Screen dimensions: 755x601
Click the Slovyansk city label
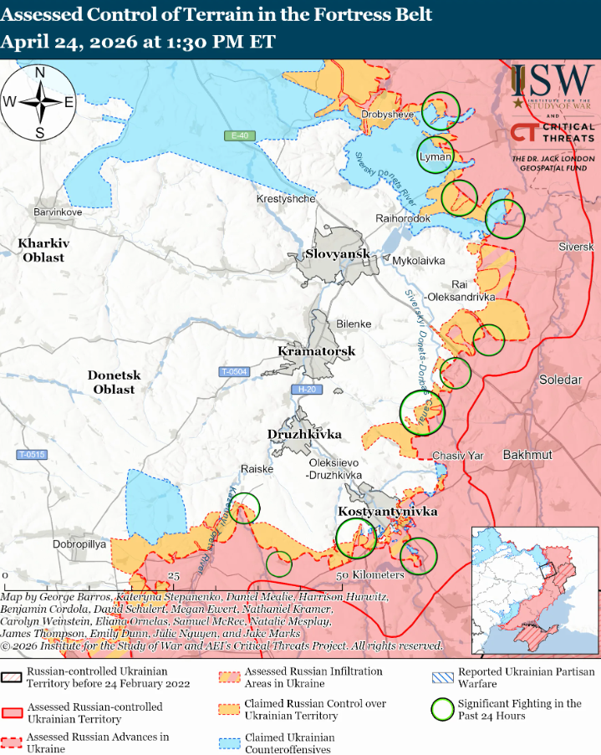pos(337,253)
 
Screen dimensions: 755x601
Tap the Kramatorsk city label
pos(317,351)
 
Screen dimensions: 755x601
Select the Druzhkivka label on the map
pos(304,434)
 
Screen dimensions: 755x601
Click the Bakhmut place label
pos(527,454)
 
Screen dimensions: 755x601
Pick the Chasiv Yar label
pos(458,456)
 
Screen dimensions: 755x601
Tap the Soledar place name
pos(560,380)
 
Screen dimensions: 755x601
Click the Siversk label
pos(576,247)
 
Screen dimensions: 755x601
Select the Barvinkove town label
pos(58,212)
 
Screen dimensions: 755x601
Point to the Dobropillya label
pos(80,543)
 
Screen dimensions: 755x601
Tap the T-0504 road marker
pos(234,371)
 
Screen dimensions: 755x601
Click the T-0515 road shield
pos(31,454)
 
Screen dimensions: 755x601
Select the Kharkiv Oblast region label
pos(43,250)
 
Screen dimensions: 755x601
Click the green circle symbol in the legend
pos(442,710)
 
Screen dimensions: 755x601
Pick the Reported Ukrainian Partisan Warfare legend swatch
pos(442,677)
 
